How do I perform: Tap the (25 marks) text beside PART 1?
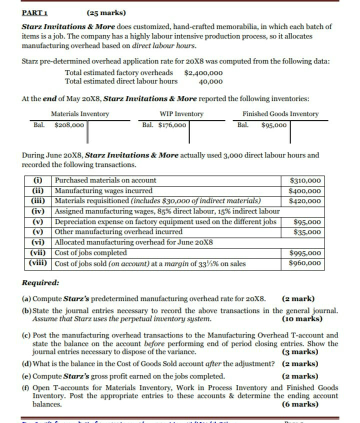pyautogui.click(x=106, y=13)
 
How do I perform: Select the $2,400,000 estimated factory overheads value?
pyautogui.click(x=203, y=73)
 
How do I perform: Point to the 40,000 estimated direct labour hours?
pyautogui.click(x=210, y=81)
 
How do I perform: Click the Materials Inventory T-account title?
pyautogui.click(x=80, y=114)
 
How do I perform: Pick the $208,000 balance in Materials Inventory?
pyautogui.click(x=69, y=124)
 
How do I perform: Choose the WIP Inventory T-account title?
pyautogui.click(x=181, y=114)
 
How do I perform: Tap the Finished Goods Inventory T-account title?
pyautogui.click(x=280, y=114)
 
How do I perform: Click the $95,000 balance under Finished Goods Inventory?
pyautogui.click(x=274, y=124)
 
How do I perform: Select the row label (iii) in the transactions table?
pyautogui.click(x=38, y=201)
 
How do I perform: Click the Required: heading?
pyautogui.click(x=40, y=283)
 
